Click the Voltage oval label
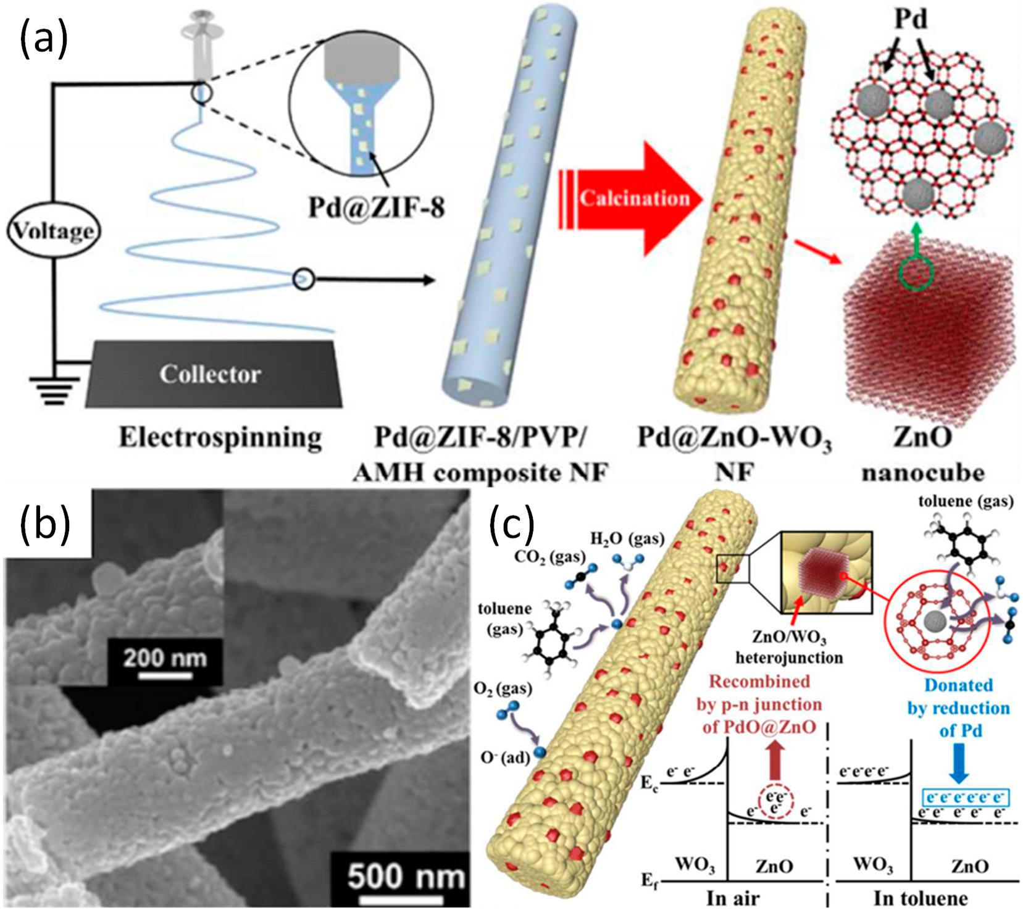point(54,232)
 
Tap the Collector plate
point(213,374)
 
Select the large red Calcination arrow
point(631,198)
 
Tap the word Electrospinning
point(220,437)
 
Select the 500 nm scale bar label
point(406,877)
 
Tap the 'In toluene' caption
point(921,897)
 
